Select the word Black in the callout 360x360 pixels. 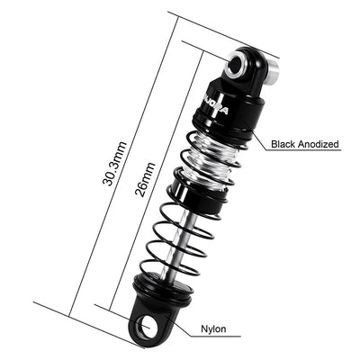point(270,142)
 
